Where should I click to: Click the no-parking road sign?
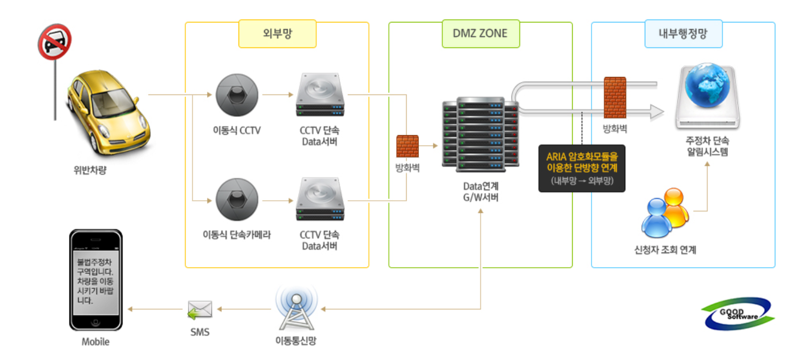click(x=55, y=42)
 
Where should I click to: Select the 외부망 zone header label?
click(x=277, y=34)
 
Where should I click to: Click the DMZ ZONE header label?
click(x=480, y=34)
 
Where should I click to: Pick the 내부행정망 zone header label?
click(x=683, y=34)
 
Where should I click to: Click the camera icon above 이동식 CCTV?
click(x=237, y=95)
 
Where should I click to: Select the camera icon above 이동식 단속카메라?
click(x=237, y=201)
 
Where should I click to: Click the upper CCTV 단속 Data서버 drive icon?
click(x=320, y=95)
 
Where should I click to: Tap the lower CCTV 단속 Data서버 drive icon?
click(x=320, y=200)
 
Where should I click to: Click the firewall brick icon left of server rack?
click(x=408, y=146)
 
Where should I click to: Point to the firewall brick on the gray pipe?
click(x=615, y=98)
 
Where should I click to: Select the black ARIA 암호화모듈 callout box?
click(x=581, y=168)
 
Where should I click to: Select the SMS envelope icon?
click(x=200, y=309)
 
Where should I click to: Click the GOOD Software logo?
click(x=738, y=314)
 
